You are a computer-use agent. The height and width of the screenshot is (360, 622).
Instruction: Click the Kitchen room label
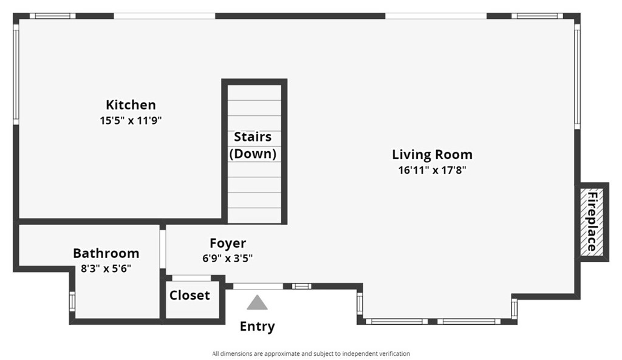[x=131, y=104]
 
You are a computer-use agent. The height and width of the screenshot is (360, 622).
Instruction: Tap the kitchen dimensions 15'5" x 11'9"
[x=131, y=120]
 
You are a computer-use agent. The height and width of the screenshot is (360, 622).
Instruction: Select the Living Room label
[x=432, y=155]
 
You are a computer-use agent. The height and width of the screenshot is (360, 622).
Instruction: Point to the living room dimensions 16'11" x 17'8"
[x=432, y=170]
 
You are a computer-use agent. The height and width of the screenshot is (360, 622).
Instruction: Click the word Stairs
[x=253, y=137]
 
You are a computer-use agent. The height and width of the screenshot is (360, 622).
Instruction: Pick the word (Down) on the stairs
[x=253, y=154]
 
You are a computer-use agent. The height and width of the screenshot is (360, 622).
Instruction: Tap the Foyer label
[x=228, y=243]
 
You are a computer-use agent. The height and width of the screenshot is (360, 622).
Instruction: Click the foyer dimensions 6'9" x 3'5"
[x=228, y=259]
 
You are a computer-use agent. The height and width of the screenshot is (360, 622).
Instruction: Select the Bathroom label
[x=106, y=253]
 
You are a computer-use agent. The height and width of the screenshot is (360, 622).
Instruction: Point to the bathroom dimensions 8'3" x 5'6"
[x=106, y=269]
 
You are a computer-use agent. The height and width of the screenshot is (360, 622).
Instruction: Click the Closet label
[x=190, y=296]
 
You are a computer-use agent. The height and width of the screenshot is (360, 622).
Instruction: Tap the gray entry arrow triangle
[x=257, y=302]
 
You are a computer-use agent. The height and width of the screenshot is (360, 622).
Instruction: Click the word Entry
[x=257, y=327]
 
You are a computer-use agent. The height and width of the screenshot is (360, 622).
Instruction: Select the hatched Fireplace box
[x=592, y=222]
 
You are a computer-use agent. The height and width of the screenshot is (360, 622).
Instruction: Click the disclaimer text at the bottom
[x=311, y=354]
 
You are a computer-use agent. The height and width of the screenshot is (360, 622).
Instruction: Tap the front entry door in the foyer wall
[x=258, y=287]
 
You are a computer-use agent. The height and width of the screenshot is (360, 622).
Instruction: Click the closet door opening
[x=191, y=278]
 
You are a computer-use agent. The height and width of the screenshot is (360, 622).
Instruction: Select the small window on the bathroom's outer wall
[x=72, y=301]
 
